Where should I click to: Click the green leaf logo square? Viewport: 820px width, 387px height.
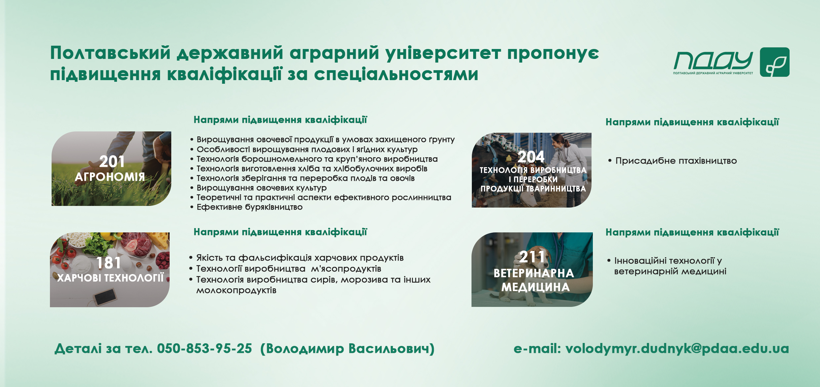point(774,62)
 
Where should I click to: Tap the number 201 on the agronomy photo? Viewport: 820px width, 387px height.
point(112,162)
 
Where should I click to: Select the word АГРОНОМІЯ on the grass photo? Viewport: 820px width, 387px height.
point(110,177)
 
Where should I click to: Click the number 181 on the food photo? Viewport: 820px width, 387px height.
point(108,263)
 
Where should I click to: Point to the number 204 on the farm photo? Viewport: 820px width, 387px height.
point(531,157)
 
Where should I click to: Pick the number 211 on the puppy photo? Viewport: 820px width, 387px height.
point(532,257)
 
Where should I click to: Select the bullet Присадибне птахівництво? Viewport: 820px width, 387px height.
point(673,161)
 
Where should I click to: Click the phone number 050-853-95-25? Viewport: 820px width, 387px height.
point(204,349)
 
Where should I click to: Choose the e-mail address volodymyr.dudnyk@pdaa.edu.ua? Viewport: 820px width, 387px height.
point(677,349)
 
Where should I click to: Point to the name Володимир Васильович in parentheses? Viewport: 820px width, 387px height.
point(347,349)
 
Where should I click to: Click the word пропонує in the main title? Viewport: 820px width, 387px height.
point(553,54)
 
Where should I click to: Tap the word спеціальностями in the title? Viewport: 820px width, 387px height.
point(396,74)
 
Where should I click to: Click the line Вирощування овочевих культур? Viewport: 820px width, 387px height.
point(258,188)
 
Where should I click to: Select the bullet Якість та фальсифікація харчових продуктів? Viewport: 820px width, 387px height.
point(296,258)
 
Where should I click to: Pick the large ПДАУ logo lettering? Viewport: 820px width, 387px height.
point(713,61)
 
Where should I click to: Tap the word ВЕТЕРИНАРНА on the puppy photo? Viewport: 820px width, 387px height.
point(534,273)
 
